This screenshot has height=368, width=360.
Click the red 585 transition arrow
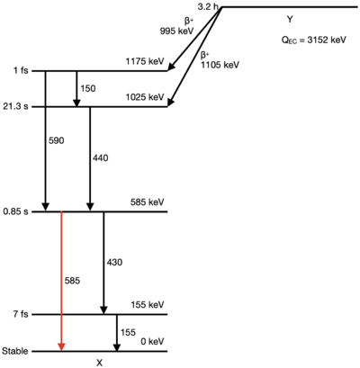61,281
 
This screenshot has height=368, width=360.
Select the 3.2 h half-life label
208,6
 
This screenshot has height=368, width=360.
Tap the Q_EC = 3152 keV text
313,40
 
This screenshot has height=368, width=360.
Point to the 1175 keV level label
145,61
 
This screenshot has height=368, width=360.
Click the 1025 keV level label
145,97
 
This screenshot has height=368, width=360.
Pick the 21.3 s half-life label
15,106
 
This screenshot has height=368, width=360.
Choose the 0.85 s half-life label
15,211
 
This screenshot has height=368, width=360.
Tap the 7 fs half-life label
21,314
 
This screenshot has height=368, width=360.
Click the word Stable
15,351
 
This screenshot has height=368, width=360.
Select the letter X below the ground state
99,363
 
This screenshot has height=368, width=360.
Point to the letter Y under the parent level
290,20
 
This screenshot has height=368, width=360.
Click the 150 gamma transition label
88,88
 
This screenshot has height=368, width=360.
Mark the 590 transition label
57,140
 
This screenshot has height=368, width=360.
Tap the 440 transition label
101,157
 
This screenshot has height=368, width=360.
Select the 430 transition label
114,262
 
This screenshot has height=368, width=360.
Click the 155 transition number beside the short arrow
128,332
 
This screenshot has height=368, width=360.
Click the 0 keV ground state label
152,341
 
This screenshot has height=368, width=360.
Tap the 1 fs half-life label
21,71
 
